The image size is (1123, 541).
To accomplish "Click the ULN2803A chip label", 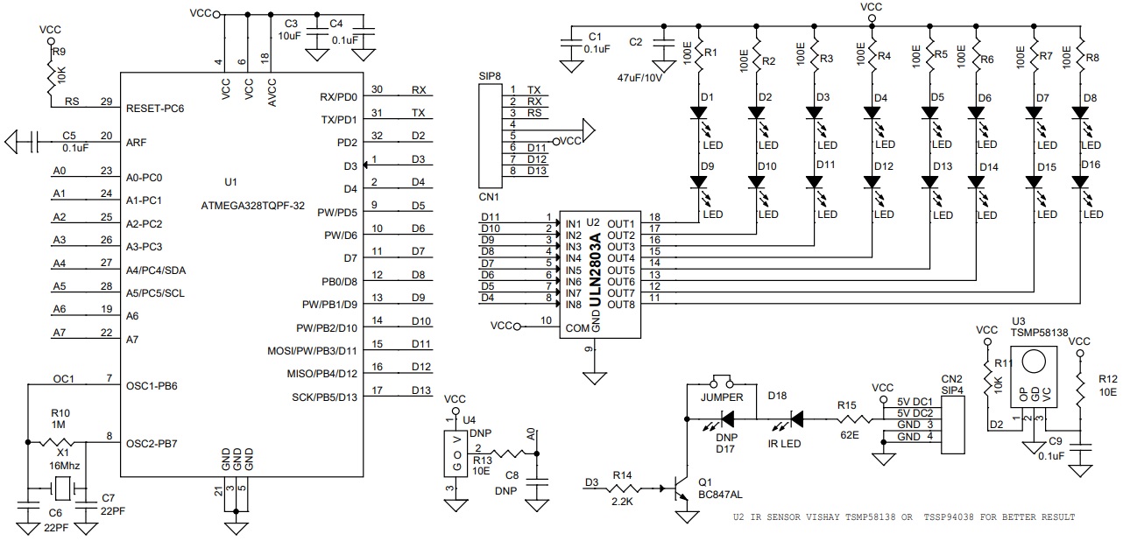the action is [596, 270].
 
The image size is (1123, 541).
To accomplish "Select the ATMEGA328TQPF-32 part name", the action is [252, 206].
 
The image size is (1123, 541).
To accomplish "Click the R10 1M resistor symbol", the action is [56, 442].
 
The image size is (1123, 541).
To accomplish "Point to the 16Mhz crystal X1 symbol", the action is [63, 488].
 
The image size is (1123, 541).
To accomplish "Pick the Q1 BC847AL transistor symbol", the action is [679, 488].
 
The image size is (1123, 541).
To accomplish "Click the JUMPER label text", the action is [722, 397].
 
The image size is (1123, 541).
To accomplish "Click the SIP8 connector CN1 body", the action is [490, 136].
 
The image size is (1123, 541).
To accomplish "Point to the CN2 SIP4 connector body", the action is [952, 425].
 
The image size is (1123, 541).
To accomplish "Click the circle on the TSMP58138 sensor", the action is [1034, 362].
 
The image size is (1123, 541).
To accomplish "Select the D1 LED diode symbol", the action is [698, 113].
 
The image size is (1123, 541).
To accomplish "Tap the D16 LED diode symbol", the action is [1080, 182].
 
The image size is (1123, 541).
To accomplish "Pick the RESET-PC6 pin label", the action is [155, 109].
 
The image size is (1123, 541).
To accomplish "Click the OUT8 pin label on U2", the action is [621, 305].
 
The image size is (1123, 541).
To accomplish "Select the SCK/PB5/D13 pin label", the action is [324, 397].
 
